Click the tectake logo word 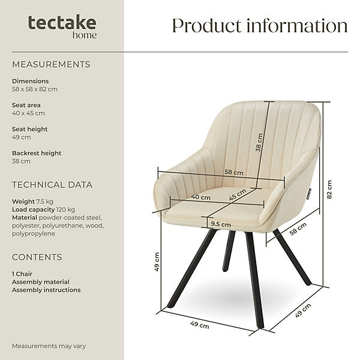coord(62,23)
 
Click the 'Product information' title coord(260,26)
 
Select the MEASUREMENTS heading coord(51,65)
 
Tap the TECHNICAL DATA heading coord(52,185)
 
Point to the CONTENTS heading coord(37,257)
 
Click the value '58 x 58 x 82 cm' coord(35,89)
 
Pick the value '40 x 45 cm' coord(28,113)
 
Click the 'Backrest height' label coord(37,153)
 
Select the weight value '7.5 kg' coord(45,202)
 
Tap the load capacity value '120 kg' coord(65,209)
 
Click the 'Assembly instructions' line coord(46,290)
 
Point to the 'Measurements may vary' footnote coord(49,346)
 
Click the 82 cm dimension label coord(329,190)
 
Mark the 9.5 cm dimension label coord(221,224)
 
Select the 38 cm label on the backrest coord(259,142)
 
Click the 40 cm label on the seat coord(200,197)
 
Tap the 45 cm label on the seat coord(238,194)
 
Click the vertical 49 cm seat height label coord(157,262)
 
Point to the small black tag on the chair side coord(309,194)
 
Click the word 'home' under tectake coord(85,35)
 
